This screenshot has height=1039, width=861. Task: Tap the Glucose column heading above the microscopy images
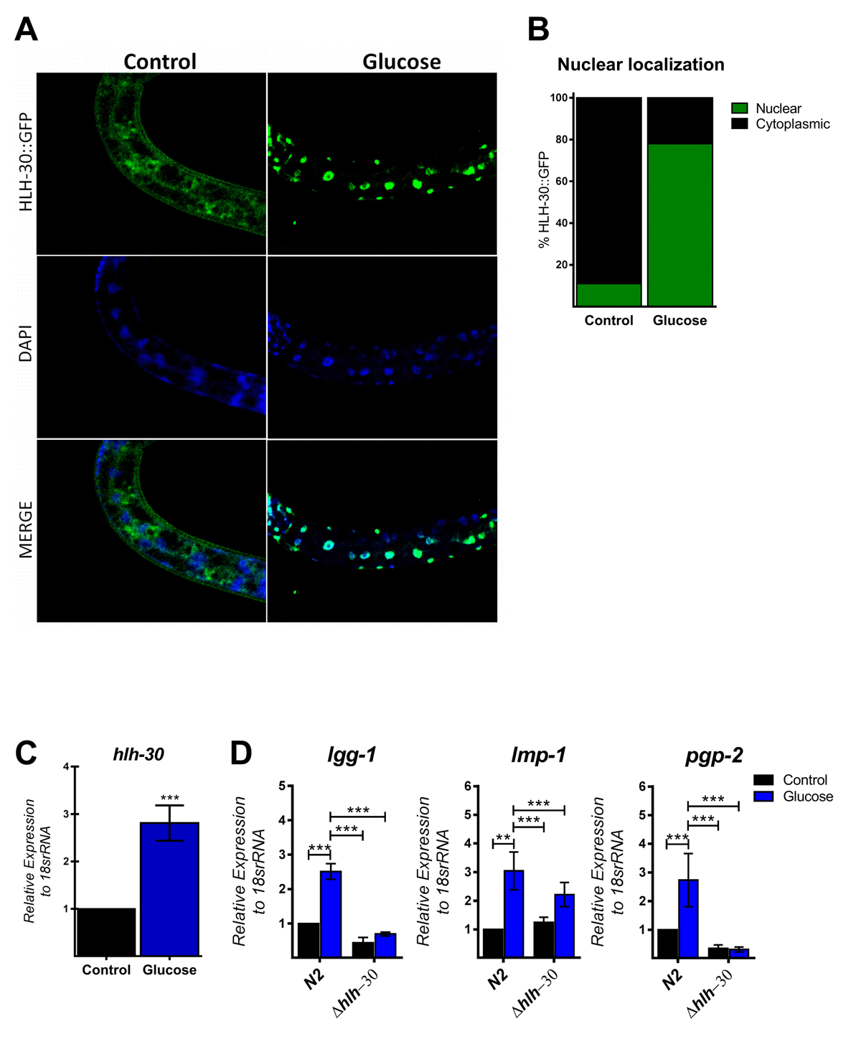(x=401, y=62)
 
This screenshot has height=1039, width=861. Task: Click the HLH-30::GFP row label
(x=27, y=163)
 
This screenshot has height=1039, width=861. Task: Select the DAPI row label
(x=27, y=347)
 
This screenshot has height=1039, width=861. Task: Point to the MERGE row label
(x=27, y=530)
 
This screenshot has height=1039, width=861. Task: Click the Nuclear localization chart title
(x=641, y=65)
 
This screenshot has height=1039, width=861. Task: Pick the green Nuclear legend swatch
(x=739, y=108)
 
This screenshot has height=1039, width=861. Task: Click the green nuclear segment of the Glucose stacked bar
(x=679, y=225)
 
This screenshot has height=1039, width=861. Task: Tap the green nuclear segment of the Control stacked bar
(x=608, y=295)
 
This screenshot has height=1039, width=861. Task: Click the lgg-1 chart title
(x=352, y=756)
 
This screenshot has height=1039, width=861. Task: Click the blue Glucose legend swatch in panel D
(x=764, y=796)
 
